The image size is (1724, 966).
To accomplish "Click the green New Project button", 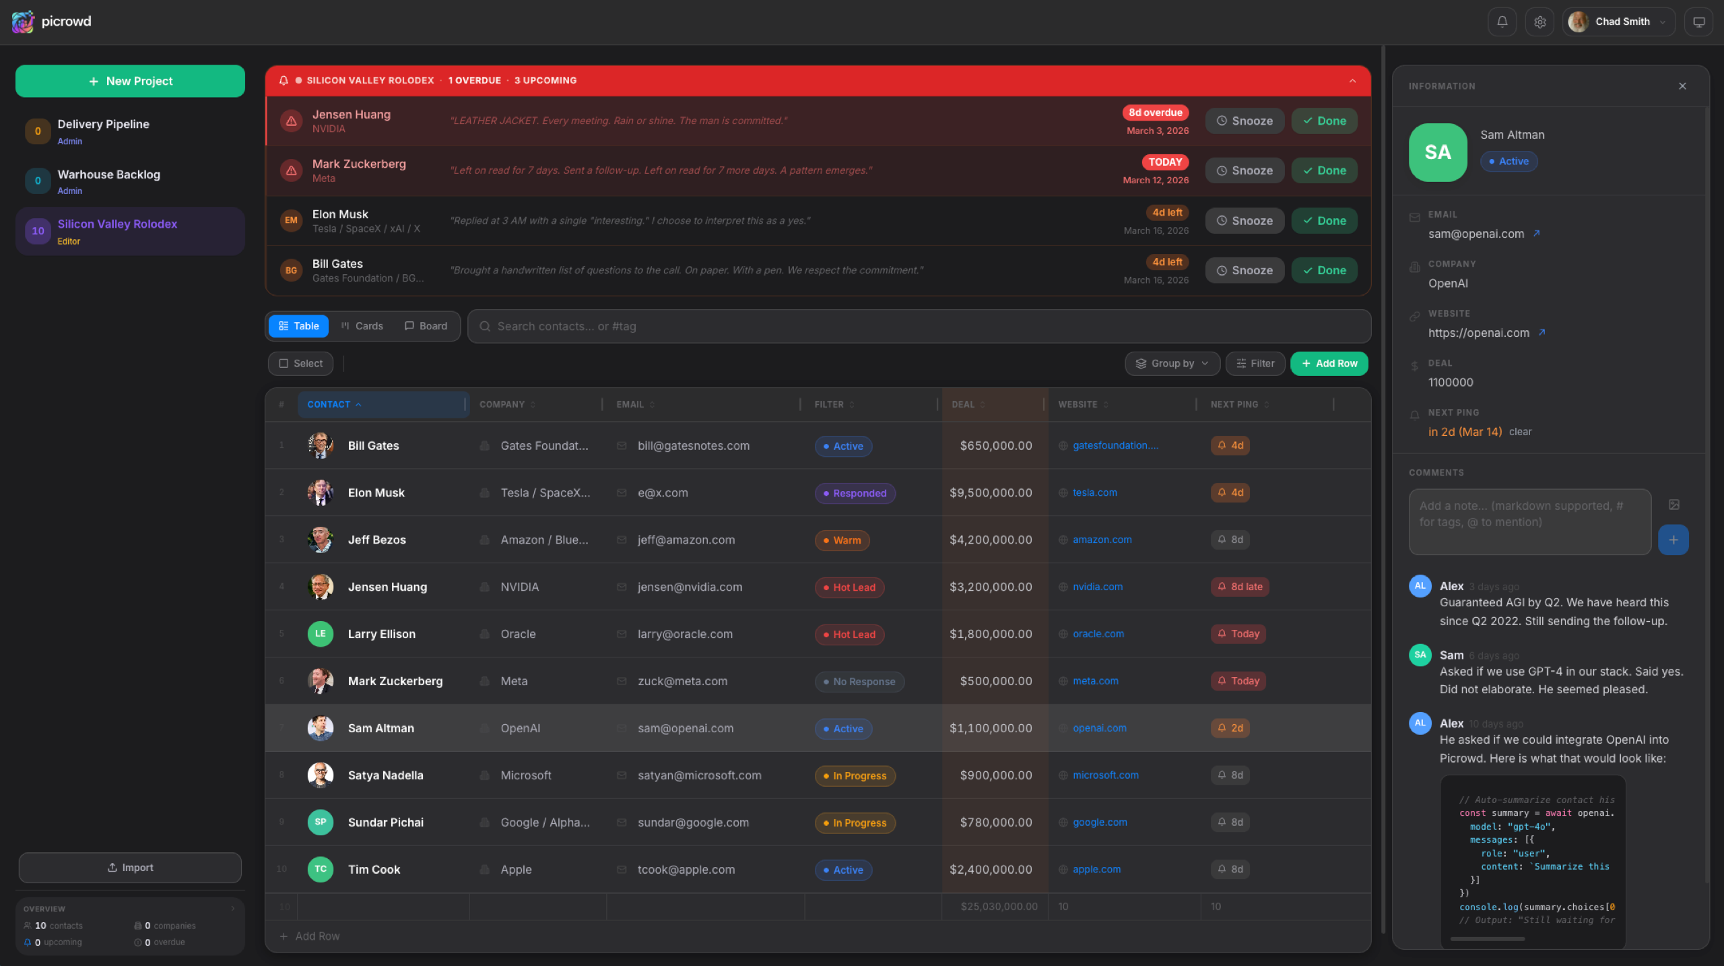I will point(130,81).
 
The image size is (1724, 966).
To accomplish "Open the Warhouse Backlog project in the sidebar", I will point(108,175).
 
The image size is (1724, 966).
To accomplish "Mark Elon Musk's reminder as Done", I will point(1324,221).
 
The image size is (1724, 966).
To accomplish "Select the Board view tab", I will point(426,326).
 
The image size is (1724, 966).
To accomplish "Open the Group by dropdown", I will point(1172,364).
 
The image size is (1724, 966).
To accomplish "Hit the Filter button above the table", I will point(1255,364).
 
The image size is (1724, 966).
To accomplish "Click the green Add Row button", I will point(1329,364).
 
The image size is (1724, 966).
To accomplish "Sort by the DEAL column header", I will point(963,404).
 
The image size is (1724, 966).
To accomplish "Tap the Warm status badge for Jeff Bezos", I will point(842,540).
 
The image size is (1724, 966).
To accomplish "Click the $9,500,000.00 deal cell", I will point(991,493).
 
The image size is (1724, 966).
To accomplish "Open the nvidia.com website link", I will point(1098,587).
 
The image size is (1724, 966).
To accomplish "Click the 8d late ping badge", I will point(1240,587).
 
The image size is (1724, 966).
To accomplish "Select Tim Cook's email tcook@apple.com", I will point(686,870).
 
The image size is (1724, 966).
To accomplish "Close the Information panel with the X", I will point(1682,86).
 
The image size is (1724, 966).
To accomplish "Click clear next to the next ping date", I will point(1520,432).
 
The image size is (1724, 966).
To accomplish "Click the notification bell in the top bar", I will point(1502,22).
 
